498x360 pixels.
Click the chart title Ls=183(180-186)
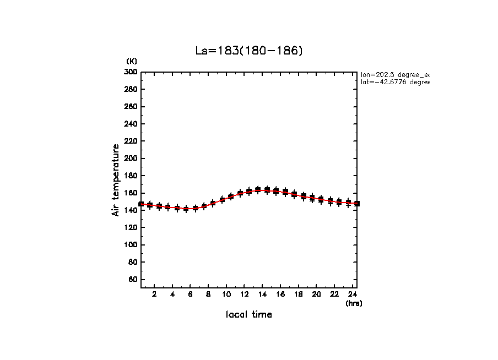click(x=249, y=51)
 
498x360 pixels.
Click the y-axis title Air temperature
click(x=116, y=180)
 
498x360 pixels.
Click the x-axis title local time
click(x=249, y=315)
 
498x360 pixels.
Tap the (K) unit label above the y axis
click(x=132, y=61)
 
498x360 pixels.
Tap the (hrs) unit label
click(x=354, y=303)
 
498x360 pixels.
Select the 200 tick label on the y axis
click(x=131, y=159)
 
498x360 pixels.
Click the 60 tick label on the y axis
click(x=132, y=280)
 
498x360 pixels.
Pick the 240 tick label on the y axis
click(x=131, y=124)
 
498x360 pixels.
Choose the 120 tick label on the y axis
click(x=131, y=228)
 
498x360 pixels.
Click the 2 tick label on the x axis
click(x=155, y=294)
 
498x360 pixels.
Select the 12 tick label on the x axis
click(x=244, y=294)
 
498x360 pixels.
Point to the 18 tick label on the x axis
click(x=299, y=294)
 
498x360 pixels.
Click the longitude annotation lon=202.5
click(x=394, y=74)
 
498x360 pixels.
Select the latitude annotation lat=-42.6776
click(x=394, y=82)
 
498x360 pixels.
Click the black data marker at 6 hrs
click(x=186, y=209)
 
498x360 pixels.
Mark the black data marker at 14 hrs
click(x=267, y=190)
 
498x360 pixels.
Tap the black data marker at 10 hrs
click(x=222, y=199)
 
